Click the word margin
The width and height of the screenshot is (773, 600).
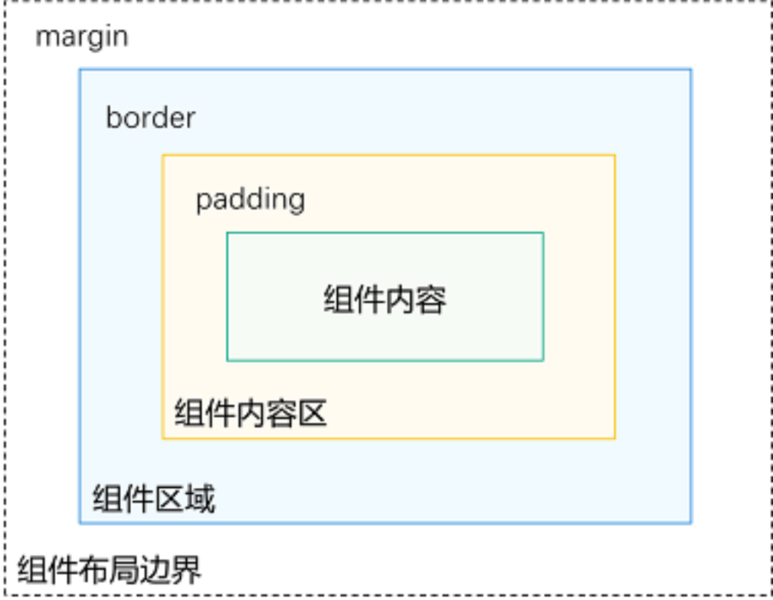82,37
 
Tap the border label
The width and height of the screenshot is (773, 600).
150,117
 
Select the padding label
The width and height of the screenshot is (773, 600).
250,199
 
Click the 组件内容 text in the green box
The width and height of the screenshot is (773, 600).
385,299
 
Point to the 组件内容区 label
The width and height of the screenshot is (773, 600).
251,413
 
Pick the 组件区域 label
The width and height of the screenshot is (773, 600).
154,499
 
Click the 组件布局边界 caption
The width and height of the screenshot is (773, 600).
109,570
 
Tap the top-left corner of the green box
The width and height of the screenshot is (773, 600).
228,233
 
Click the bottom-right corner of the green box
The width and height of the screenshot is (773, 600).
543,361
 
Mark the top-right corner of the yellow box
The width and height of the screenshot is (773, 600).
615,156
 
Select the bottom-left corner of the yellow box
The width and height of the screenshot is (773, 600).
163,438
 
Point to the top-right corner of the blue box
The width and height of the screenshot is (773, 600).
691,70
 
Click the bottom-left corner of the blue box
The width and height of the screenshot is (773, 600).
80,522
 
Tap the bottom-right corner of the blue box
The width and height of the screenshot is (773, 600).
691,522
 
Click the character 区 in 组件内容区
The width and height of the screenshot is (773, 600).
312,413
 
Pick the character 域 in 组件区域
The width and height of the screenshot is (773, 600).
200,499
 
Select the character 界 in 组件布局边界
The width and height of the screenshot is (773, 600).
186,570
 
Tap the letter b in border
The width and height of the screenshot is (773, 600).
113,117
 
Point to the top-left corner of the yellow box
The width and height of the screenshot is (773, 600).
163,156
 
